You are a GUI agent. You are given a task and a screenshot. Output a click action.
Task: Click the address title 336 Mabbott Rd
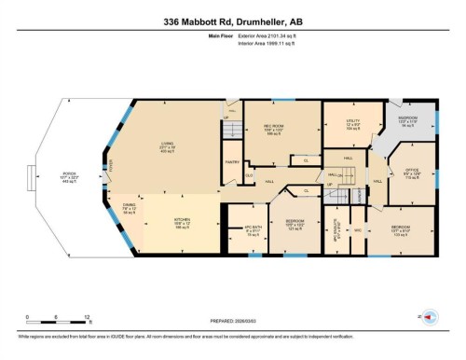pos(232,20)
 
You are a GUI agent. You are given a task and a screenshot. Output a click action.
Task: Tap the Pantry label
pos(231,161)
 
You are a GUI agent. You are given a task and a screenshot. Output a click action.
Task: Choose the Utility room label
pos(352,123)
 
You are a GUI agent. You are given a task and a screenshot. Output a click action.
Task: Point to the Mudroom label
pos(408,120)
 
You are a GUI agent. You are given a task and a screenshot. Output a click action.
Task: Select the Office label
pos(411,172)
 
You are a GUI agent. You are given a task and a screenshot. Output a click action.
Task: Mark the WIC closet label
pos(356,228)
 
